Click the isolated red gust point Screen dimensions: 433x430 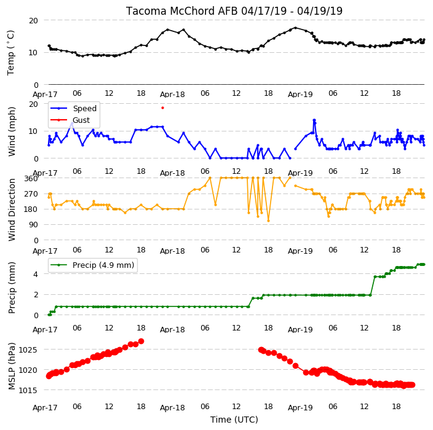coord(162,108)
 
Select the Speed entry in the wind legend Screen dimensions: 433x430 coord(73,108)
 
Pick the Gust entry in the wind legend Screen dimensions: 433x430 coord(70,120)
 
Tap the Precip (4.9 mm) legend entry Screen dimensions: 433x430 coord(92,265)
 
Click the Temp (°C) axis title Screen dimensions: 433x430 coord(11,52)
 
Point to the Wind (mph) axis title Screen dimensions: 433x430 coord(12,131)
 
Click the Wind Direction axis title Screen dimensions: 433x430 coord(12,210)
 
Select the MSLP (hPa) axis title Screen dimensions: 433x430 coord(12,366)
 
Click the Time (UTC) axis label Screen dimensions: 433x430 coord(234,420)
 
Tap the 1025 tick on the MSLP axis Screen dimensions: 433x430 coord(28,350)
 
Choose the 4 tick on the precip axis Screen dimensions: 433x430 coord(36,274)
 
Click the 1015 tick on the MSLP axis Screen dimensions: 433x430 coord(28,390)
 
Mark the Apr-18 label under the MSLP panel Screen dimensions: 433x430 coord(172,408)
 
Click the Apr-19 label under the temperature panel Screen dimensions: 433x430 coord(300,95)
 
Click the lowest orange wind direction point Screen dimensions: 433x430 coord(268,221)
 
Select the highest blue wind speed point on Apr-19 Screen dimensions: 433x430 coord(314,120)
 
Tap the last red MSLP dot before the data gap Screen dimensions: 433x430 coord(141,342)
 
